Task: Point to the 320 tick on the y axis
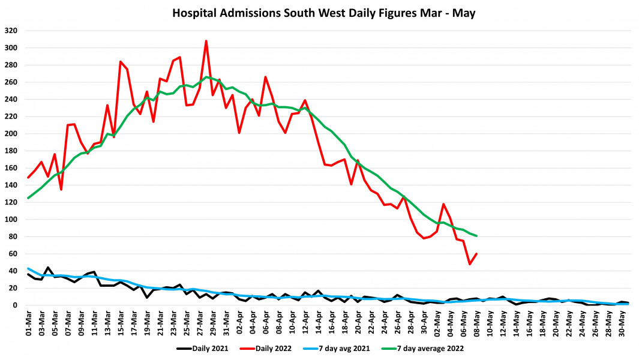pyautogui.click(x=11, y=31)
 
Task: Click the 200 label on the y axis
pyautogui.click(x=11, y=134)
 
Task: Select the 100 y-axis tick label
pyautogui.click(x=11, y=220)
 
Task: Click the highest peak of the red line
pyautogui.click(x=206, y=41)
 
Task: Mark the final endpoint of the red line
pyautogui.click(x=476, y=254)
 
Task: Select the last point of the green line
pyautogui.click(x=476, y=236)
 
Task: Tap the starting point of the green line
pyautogui.click(x=28, y=198)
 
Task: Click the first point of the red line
pyautogui.click(x=28, y=178)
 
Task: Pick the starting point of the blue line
pyautogui.click(x=28, y=269)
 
